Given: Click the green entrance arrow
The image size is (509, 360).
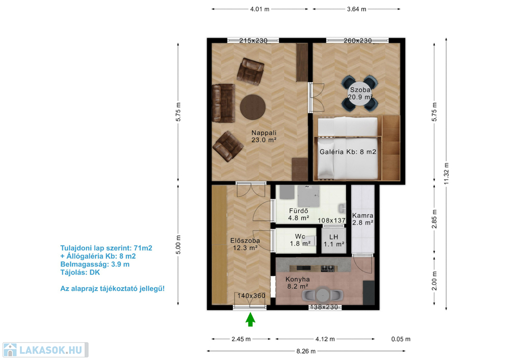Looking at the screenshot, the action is [250, 319].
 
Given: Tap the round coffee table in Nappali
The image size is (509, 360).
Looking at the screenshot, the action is [253, 107].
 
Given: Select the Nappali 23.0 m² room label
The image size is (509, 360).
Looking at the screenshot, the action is [264, 136].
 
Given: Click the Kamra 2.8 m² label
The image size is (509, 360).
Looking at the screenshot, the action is [362, 219].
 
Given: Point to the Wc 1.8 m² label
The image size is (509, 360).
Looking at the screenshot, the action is [300, 240].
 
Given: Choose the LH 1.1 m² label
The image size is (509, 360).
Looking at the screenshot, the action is [334, 240].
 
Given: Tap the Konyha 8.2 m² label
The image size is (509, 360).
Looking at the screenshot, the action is [298, 283].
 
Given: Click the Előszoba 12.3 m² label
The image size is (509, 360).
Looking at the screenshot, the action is [245, 244].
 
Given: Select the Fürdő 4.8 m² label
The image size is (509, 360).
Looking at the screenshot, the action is [299, 214].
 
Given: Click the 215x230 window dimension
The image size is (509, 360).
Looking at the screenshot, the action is [253, 41].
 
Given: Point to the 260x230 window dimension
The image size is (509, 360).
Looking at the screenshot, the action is [358, 41].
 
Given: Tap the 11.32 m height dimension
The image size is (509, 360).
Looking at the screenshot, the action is [446, 174].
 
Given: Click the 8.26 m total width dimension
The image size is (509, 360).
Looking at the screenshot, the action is [306, 351].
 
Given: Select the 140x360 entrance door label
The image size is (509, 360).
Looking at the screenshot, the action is [251, 296].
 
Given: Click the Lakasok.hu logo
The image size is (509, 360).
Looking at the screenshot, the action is [45, 350].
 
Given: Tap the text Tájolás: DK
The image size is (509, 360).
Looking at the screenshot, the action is [80, 272].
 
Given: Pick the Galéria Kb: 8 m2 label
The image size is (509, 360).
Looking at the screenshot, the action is [348, 152].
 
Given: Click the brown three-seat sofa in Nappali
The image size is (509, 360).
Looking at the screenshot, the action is [223, 103].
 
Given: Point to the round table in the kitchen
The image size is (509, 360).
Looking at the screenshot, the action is [323, 295].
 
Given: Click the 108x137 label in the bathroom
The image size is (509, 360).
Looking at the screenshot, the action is [331, 220].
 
